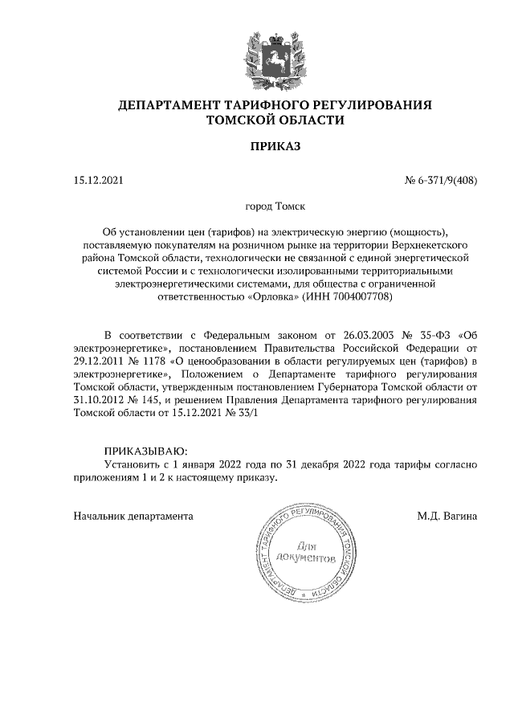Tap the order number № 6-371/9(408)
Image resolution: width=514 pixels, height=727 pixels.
tap(441, 181)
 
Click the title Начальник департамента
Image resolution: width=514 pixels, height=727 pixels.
tap(133, 516)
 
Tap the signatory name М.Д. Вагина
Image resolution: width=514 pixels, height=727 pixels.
tap(447, 516)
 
